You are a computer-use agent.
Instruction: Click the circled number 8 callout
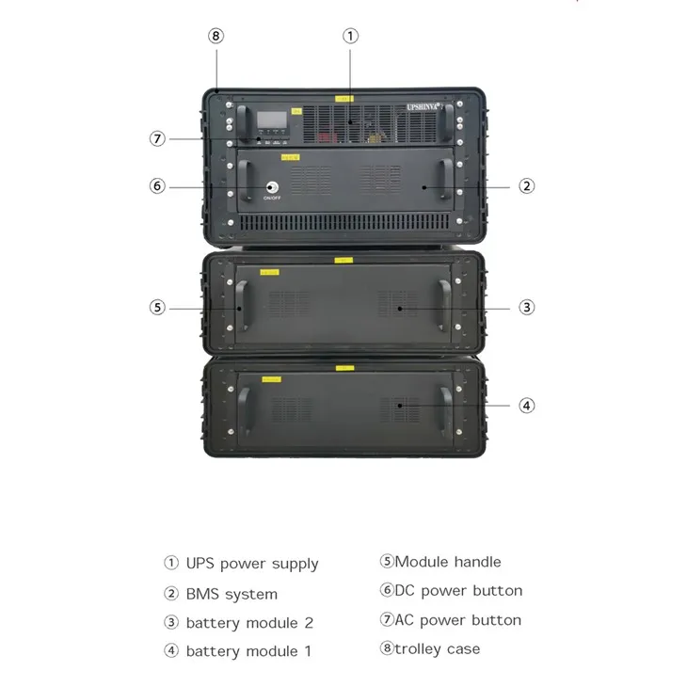(216, 37)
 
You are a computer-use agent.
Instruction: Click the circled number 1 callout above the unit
(350, 37)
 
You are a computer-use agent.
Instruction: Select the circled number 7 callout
(158, 138)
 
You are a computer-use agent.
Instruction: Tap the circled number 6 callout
(158, 185)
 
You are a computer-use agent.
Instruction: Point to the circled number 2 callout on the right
(527, 185)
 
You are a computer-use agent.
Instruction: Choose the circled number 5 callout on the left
(158, 307)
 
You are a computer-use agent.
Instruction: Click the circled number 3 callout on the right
(527, 307)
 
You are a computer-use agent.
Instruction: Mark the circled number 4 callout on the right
(527, 406)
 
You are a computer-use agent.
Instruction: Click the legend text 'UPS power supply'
(251, 564)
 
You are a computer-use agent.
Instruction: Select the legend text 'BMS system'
(232, 594)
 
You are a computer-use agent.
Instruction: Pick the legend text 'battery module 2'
(249, 623)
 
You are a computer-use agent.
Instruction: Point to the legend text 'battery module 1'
(248, 651)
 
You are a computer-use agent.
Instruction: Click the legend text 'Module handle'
(448, 562)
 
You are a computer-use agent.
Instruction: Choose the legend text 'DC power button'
(458, 591)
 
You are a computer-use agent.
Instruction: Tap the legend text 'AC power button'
(457, 620)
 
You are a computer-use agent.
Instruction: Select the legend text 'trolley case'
(438, 648)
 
